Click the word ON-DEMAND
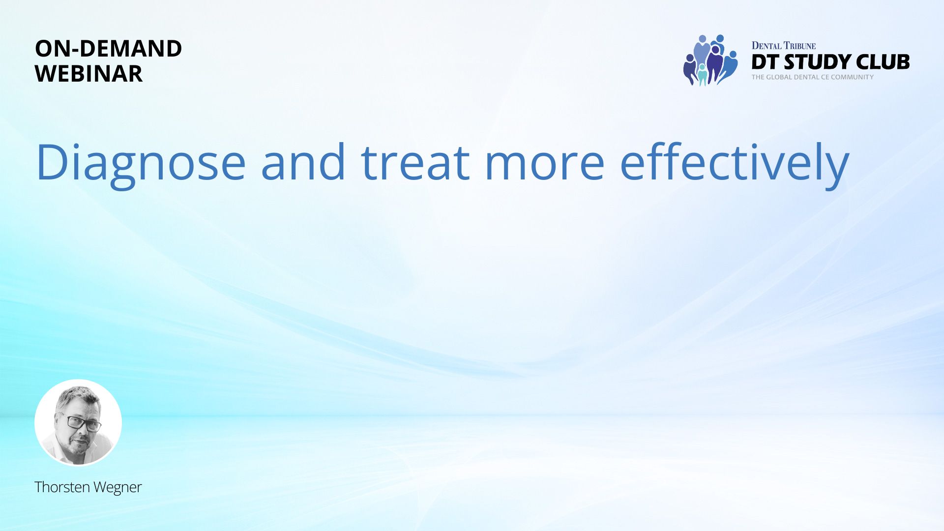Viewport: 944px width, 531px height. (108, 48)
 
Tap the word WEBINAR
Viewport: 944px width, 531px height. (88, 74)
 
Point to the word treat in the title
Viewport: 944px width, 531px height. (415, 162)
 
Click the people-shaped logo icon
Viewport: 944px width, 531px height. (710, 60)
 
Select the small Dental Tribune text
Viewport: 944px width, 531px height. (783, 46)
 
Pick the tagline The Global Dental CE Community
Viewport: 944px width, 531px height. (812, 77)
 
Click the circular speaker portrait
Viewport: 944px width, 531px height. (78, 422)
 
